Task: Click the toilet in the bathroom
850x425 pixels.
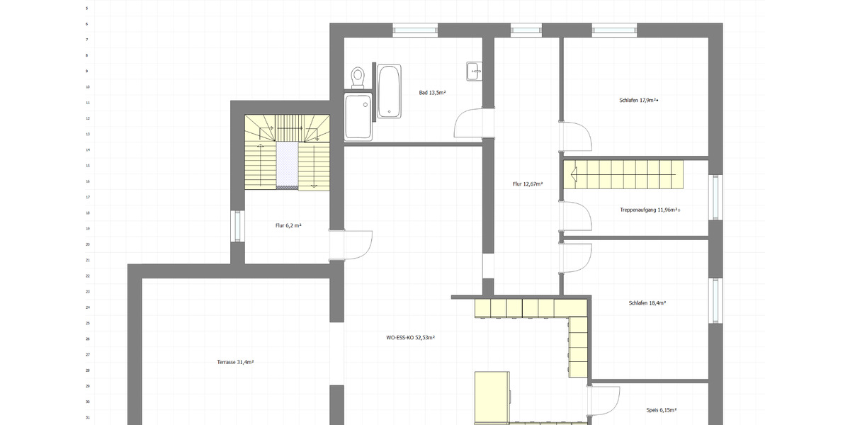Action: [x=358, y=77]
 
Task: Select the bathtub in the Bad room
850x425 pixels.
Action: [x=389, y=91]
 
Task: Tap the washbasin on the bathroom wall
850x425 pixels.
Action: [x=474, y=71]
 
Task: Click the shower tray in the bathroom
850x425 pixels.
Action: [x=358, y=117]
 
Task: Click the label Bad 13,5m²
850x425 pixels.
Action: [x=432, y=93]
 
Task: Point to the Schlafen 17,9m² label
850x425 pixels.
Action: [x=639, y=101]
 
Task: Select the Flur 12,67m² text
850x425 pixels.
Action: [x=528, y=184]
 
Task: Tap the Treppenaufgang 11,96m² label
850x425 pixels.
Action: [x=650, y=210]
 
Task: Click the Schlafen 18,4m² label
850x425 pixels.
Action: [x=647, y=303]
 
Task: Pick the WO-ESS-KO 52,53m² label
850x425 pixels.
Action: [x=411, y=337]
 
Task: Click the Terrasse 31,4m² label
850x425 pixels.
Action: [x=235, y=363]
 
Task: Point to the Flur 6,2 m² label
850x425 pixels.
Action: [x=288, y=225]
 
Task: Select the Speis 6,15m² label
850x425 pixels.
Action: [x=662, y=410]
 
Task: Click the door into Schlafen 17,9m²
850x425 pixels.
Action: [x=576, y=136]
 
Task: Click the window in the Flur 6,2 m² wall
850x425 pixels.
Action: [x=237, y=226]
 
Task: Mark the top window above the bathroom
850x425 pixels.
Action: [x=415, y=30]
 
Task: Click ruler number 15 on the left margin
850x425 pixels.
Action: [x=88, y=166]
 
